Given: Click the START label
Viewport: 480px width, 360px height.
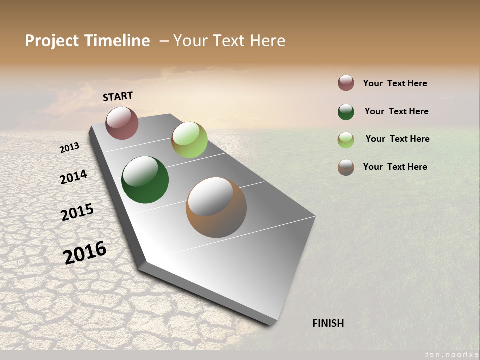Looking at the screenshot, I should (x=118, y=96).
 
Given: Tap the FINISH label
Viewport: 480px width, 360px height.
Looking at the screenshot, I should (x=328, y=323).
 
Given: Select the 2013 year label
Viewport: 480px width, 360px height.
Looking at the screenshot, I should (x=69, y=148).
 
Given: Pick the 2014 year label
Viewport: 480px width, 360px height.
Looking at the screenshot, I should (x=73, y=177).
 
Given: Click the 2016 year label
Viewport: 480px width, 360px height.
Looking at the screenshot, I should (x=85, y=253).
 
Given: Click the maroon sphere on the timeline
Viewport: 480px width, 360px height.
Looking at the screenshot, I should (x=122, y=123).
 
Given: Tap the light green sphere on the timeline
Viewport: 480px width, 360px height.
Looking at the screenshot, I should (x=189, y=139).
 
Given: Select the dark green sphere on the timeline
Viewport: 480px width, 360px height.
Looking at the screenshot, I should (x=145, y=180).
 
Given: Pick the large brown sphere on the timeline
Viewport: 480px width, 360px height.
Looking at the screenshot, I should (x=216, y=207).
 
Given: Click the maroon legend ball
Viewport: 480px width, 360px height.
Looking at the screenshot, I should (x=346, y=83).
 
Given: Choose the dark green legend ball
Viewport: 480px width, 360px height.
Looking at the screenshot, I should (x=346, y=112).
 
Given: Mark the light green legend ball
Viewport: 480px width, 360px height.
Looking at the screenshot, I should (x=346, y=140).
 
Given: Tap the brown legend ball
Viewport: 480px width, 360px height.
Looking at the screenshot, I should (x=346, y=167).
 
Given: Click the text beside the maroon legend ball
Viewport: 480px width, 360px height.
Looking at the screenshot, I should (x=395, y=83).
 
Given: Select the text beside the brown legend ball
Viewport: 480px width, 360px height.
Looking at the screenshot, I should (x=395, y=167).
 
